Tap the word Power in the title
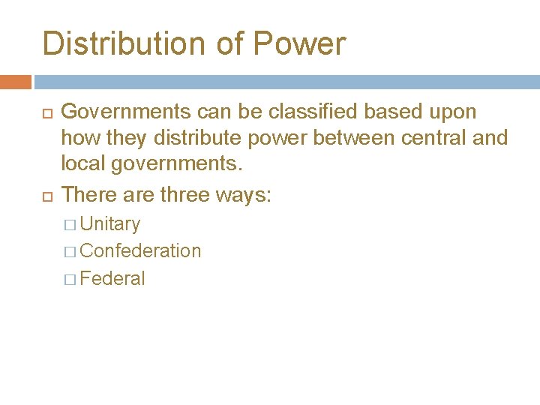click(x=299, y=43)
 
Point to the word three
click(x=192, y=195)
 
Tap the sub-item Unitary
click(x=109, y=224)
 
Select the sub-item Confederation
click(x=140, y=251)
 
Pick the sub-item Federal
click(x=112, y=279)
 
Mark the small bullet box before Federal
click(x=70, y=280)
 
